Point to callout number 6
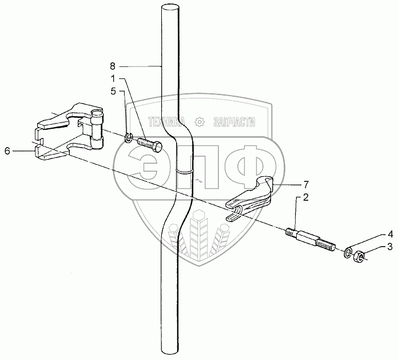(x=7, y=151)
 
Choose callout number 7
(x=306, y=184)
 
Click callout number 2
(x=306, y=197)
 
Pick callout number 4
(x=374, y=234)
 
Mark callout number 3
(x=374, y=247)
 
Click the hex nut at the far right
(x=359, y=255)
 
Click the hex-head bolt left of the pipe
(x=149, y=144)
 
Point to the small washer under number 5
(x=129, y=136)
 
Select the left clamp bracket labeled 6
(x=69, y=132)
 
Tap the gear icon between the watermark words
(x=199, y=122)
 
